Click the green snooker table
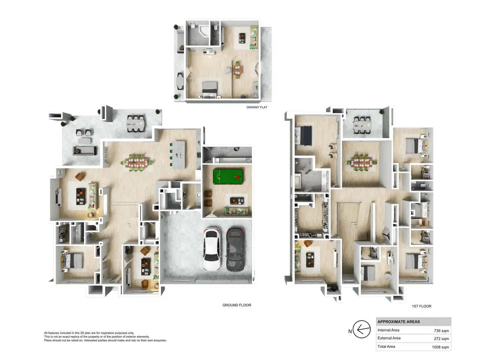[228, 176]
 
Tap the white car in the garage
[211, 249]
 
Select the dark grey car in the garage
[235, 249]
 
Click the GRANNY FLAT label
[257, 107]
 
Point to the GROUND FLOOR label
[237, 305]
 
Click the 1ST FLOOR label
[421, 306]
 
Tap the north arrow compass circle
[361, 329]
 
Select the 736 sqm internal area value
[441, 331]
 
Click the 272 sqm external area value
[441, 339]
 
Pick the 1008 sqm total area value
[440, 347]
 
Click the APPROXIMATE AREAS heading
[398, 322]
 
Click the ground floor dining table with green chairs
[136, 163]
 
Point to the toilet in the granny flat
[215, 27]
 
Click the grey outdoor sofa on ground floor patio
[84, 151]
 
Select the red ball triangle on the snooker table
[237, 176]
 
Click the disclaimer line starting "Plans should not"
[105, 340]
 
